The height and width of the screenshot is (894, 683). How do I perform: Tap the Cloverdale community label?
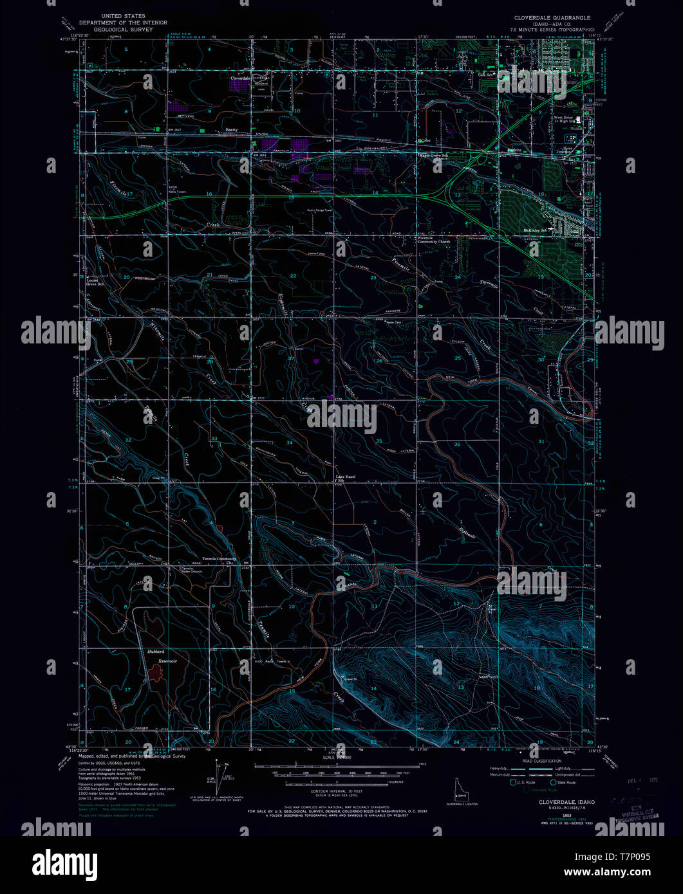240,78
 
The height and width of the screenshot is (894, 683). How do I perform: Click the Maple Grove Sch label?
433,155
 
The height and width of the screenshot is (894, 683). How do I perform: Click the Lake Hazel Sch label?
345,479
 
